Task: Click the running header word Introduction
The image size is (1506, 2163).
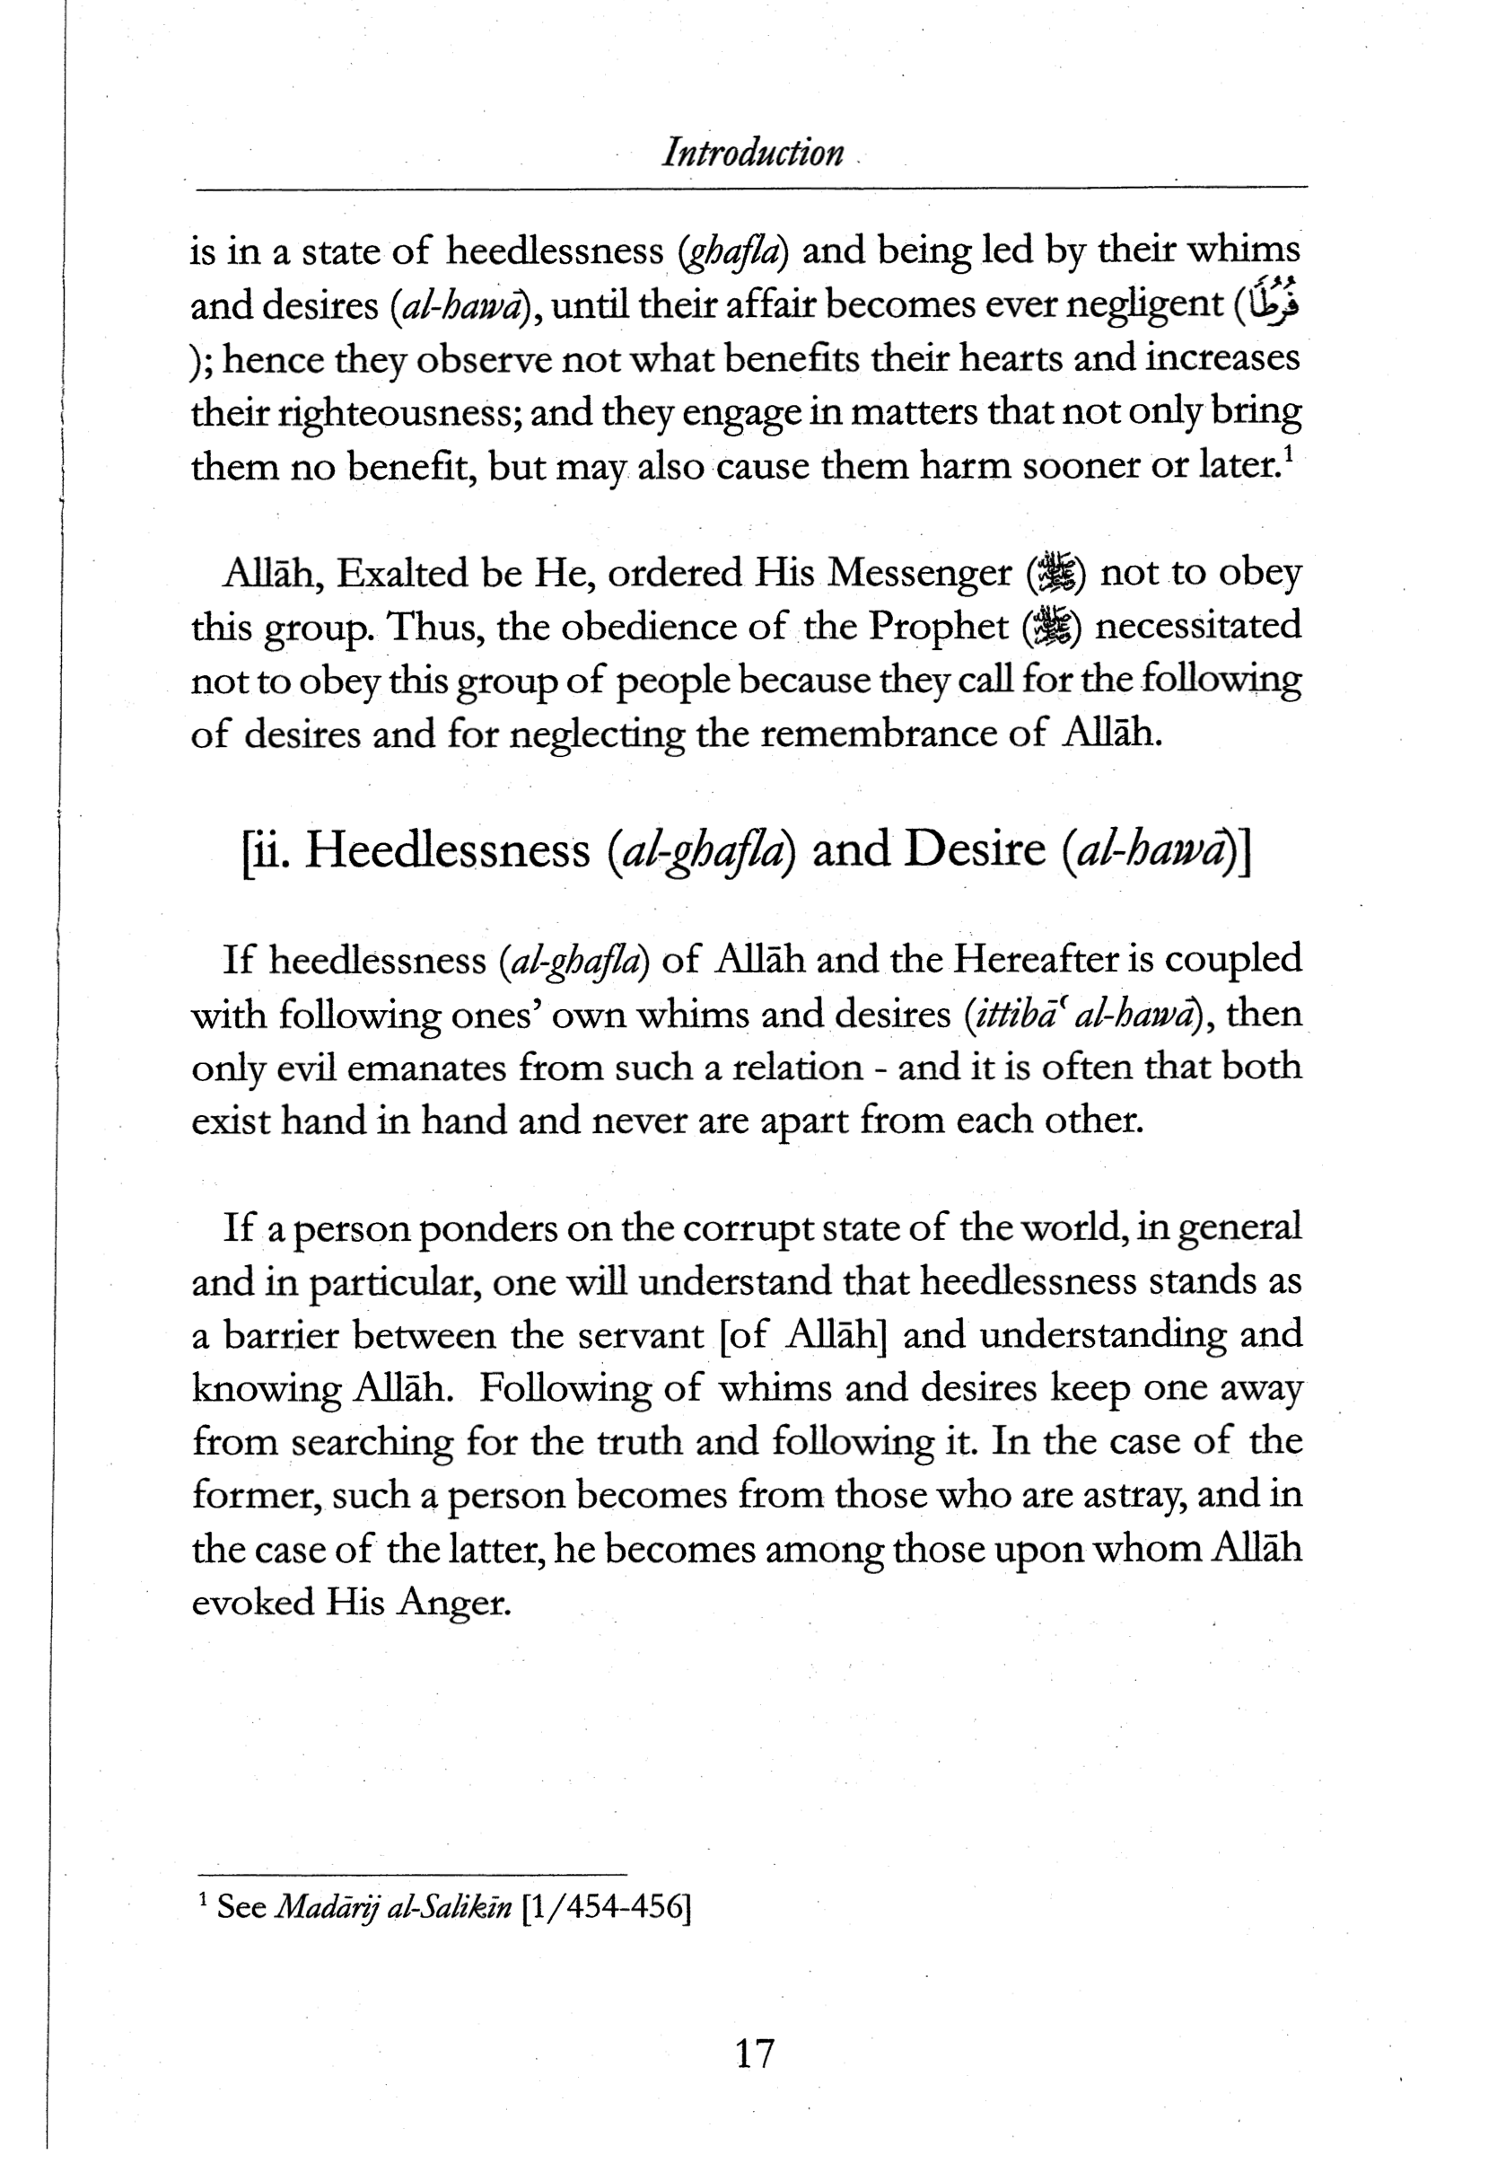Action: [752, 153]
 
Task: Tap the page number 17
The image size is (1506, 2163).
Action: [754, 2052]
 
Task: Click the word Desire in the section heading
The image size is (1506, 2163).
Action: [974, 849]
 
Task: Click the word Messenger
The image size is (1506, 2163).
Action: [920, 574]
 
